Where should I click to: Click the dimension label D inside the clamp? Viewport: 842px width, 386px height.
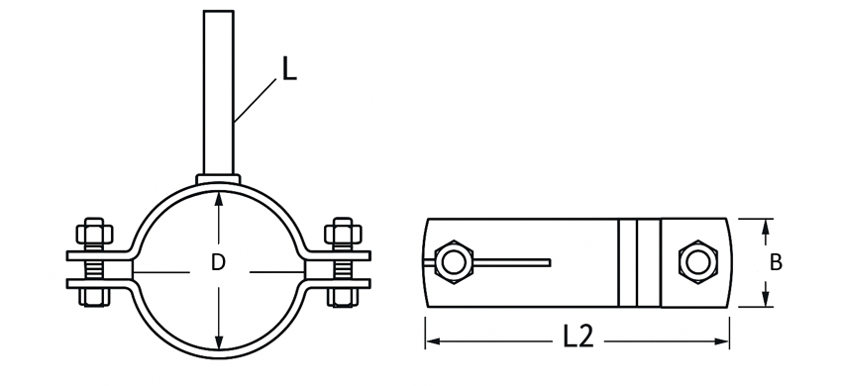click(x=218, y=262)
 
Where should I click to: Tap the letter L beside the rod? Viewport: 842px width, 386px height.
click(x=289, y=69)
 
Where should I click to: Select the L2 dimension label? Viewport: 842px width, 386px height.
click(x=579, y=337)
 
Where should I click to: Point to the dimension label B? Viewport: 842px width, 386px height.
click(x=776, y=262)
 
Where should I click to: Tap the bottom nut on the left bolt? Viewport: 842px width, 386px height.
click(x=94, y=298)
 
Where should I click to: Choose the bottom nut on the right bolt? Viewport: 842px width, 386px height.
click(x=343, y=298)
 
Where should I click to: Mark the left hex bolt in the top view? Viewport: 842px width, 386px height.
click(x=454, y=262)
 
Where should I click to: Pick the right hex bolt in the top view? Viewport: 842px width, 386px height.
click(x=698, y=262)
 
